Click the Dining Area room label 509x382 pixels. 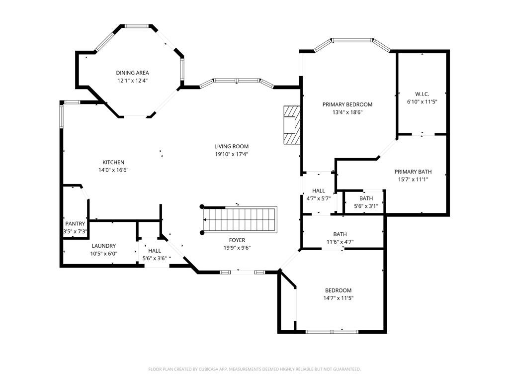[132, 73]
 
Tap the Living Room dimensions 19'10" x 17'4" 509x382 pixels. [232, 154]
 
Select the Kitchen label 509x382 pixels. [113, 162]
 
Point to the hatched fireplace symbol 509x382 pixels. [292, 125]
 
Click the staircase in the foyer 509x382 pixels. [239, 219]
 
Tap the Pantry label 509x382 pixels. [75, 223]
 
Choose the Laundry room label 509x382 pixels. [103, 246]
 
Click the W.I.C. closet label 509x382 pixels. [422, 94]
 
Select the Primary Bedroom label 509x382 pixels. [347, 104]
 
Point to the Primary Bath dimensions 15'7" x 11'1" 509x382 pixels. [413, 179]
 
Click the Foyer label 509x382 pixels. [237, 240]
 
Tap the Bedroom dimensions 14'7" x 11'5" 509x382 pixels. [338, 298]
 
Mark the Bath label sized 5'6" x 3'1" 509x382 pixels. [366, 198]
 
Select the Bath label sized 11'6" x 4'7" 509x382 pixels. [340, 234]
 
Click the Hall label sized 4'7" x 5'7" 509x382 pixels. [319, 191]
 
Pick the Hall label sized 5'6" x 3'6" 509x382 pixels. [155, 251]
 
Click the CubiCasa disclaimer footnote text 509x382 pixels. [254, 369]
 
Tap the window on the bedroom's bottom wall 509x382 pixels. [332, 332]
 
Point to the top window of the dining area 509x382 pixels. [137, 26]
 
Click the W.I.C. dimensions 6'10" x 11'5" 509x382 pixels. [422, 101]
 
